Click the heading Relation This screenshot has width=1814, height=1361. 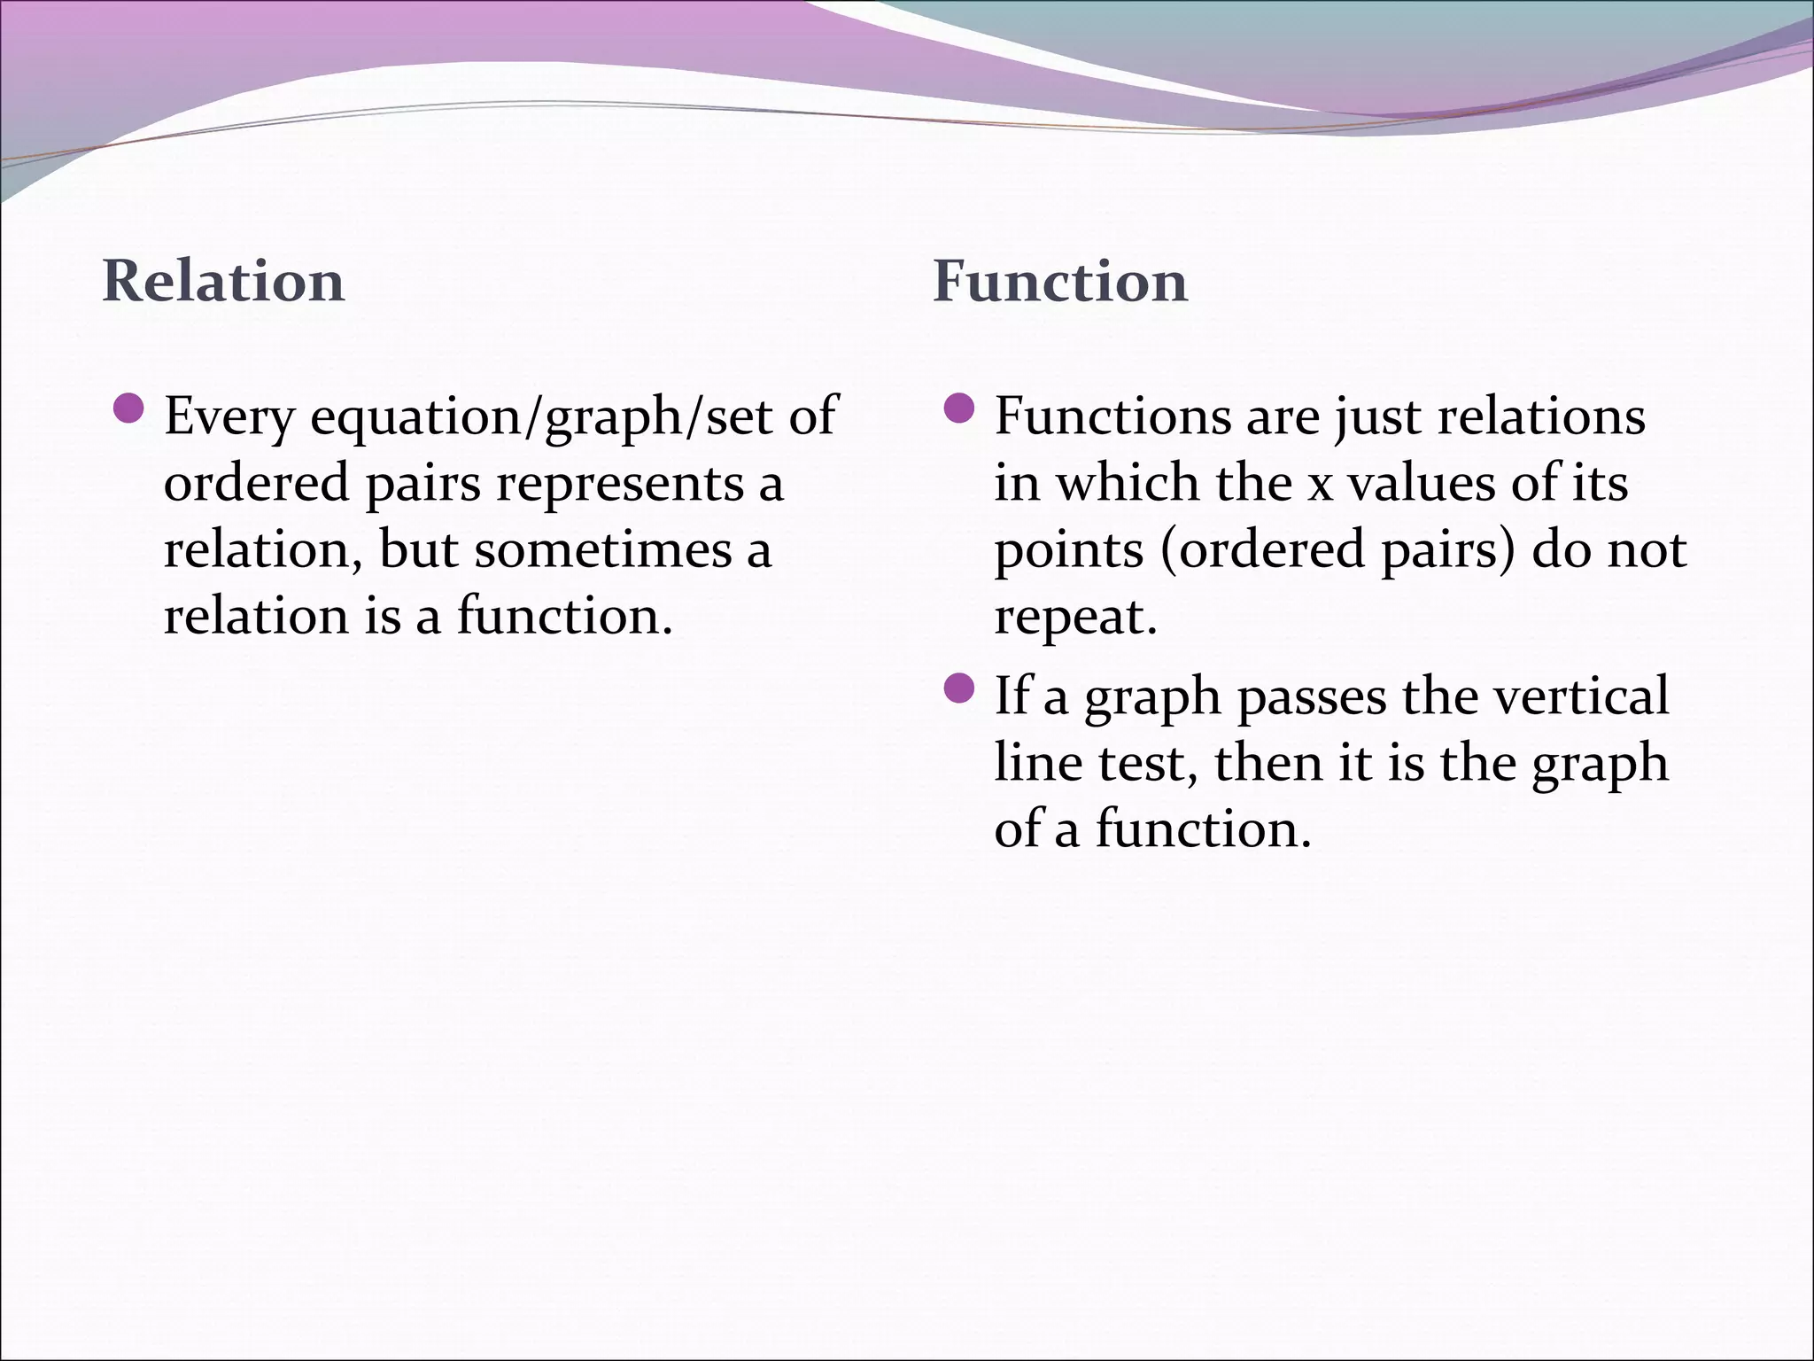click(223, 282)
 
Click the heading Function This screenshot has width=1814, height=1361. click(1059, 282)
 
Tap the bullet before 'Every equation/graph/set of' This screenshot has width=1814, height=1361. click(129, 408)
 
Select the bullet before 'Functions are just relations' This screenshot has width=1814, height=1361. click(959, 408)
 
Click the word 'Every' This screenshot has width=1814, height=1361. click(229, 416)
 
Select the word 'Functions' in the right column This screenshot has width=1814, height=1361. click(1112, 416)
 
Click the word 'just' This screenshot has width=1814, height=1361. click(1380, 416)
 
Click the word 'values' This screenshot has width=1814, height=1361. click(1417, 484)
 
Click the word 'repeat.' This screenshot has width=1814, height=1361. click(1075, 618)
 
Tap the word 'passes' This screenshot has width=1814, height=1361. click(1311, 696)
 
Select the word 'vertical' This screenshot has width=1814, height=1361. click(1581, 696)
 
